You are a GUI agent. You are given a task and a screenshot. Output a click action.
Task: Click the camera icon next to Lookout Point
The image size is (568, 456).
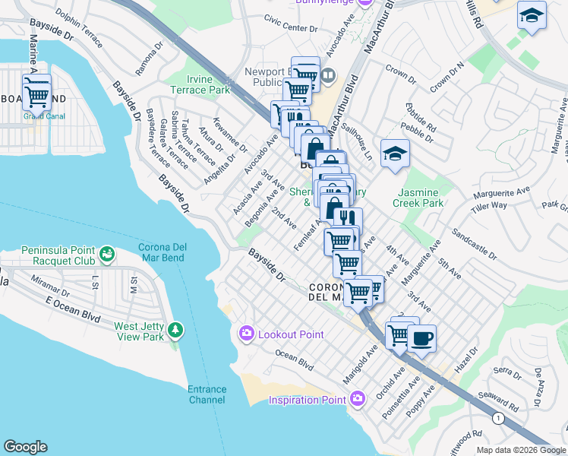(x=247, y=334)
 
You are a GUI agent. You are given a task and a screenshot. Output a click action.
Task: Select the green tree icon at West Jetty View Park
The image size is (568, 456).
(x=176, y=330)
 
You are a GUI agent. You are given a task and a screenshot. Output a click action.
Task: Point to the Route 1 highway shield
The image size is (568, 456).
(x=497, y=418)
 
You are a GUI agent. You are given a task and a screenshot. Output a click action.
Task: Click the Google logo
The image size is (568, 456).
(x=25, y=447)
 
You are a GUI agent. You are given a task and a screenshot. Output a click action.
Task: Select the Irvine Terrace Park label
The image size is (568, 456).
(x=208, y=84)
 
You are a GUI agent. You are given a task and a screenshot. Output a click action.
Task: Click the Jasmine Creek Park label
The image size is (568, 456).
(x=418, y=198)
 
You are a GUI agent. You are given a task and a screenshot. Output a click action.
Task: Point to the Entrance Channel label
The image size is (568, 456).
(x=207, y=394)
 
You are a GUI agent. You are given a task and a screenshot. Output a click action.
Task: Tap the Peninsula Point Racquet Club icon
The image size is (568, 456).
(x=106, y=252)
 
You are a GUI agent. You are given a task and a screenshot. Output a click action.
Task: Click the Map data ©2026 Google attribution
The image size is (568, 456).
(x=520, y=450)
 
